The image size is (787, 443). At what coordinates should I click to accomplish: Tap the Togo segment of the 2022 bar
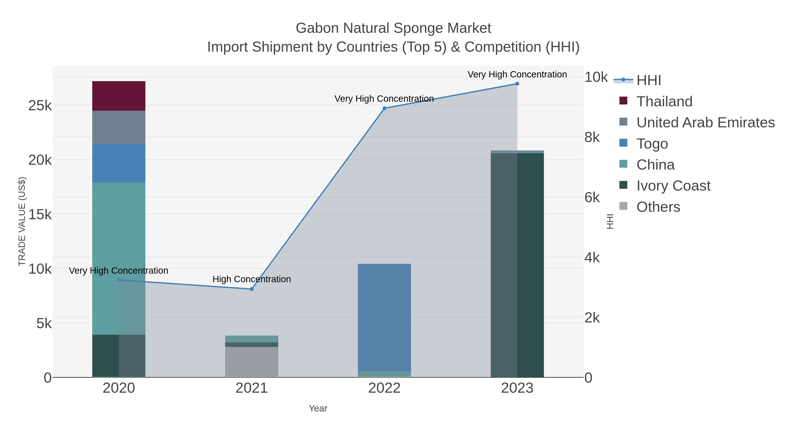pyautogui.click(x=384, y=317)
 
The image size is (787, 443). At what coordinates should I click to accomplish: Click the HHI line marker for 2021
pyautogui.click(x=251, y=289)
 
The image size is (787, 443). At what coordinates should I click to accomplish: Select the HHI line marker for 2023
pyautogui.click(x=517, y=84)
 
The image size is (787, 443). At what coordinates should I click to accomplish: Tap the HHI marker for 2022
pyautogui.click(x=384, y=108)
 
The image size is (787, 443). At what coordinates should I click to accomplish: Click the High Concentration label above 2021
pyautogui.click(x=251, y=279)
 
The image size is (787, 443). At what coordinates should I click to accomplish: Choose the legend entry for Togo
pyautogui.click(x=652, y=144)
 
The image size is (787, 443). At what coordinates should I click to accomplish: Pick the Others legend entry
pyautogui.click(x=658, y=207)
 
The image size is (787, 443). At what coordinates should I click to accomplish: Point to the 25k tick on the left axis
pyautogui.click(x=40, y=106)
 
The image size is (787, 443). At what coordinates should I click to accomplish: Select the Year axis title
pyautogui.click(x=318, y=408)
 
